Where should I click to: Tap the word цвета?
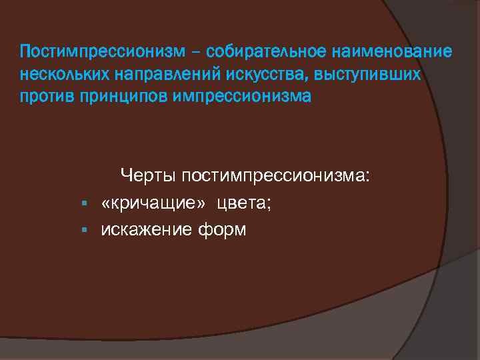coord(244,203)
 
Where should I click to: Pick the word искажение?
coord(147,230)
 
